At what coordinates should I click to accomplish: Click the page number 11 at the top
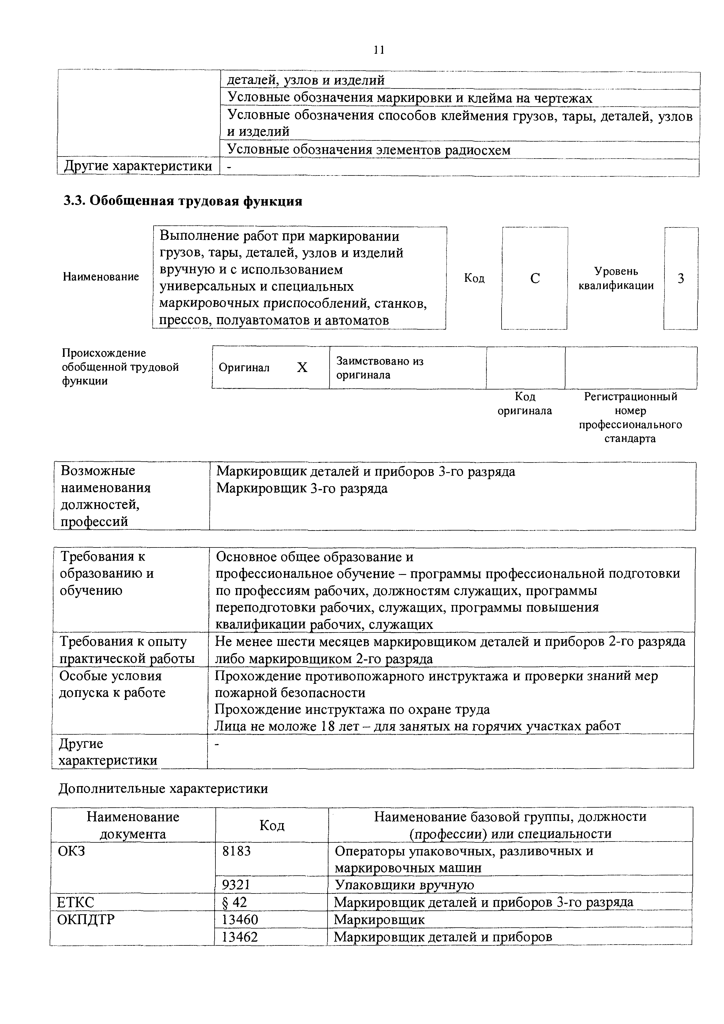(379, 50)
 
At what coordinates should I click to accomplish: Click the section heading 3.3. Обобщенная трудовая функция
(182, 201)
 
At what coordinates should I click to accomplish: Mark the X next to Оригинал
(302, 368)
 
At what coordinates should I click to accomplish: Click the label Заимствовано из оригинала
(380, 368)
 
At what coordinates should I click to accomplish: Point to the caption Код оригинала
(525, 404)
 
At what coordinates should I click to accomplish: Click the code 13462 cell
(240, 937)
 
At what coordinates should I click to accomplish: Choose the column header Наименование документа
(133, 825)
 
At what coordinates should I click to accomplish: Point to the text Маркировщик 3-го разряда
(302, 488)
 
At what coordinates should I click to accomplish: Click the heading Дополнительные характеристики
(163, 789)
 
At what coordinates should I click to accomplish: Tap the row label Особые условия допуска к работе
(112, 684)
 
